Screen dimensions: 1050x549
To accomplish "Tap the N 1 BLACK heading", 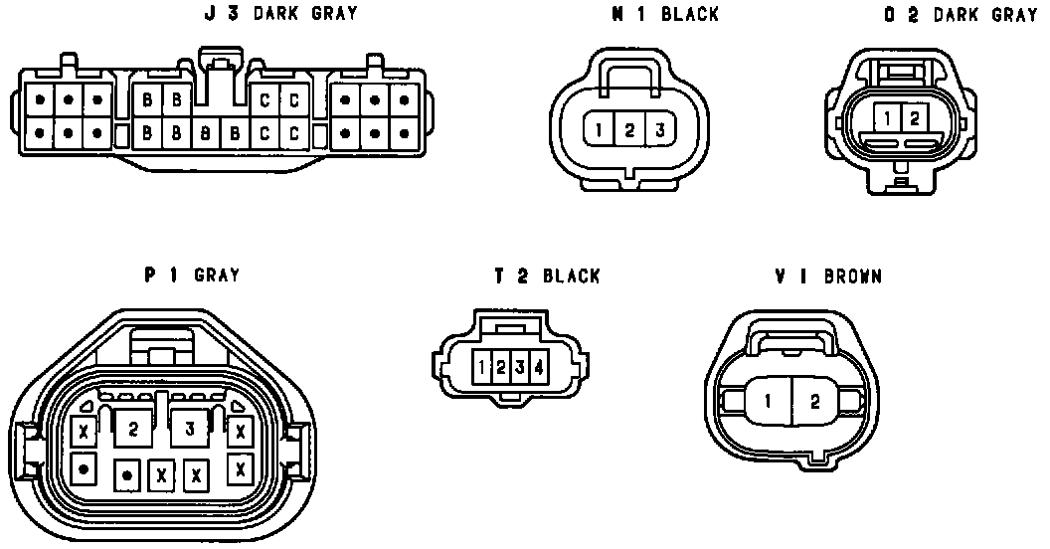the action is coord(665,14).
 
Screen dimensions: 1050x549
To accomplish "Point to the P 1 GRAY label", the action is coord(192,274).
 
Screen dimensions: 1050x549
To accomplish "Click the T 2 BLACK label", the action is coord(547,275).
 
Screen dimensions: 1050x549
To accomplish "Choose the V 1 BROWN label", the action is coord(828,275).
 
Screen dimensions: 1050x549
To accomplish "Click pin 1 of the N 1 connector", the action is coord(601,129).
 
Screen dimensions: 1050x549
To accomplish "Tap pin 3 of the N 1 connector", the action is coord(659,129).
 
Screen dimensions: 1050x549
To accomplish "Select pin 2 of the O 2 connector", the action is coord(915,118).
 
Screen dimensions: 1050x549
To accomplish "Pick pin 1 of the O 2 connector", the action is coord(887,118).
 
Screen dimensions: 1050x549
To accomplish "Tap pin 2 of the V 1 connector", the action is coord(814,402).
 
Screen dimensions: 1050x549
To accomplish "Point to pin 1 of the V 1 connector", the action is coord(768,402).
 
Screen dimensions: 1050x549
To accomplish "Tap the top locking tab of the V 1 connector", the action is coord(792,340).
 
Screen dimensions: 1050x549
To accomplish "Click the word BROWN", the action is coord(853,275).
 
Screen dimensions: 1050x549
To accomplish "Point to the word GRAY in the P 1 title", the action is coord(217,274).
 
